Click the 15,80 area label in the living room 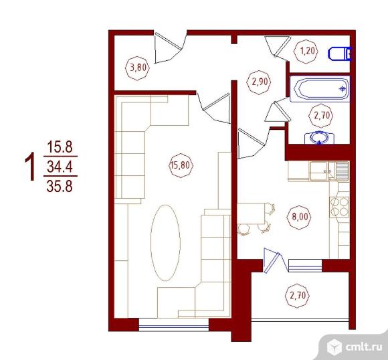point(181,165)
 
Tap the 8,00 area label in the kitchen point(300,217)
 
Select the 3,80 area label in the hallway point(138,68)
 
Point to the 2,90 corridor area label point(260,82)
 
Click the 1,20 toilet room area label point(307,52)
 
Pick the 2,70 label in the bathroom point(322,115)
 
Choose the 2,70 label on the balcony point(298,296)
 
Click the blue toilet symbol point(340,54)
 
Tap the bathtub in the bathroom point(320,89)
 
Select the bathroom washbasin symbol point(320,138)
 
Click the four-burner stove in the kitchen point(339,207)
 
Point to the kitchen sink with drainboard point(329,171)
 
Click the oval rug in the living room point(165,243)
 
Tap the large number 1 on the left point(30,166)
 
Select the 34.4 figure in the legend point(60,166)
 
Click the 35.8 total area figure point(60,186)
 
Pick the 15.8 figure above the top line point(60,147)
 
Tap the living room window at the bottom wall point(174,325)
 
